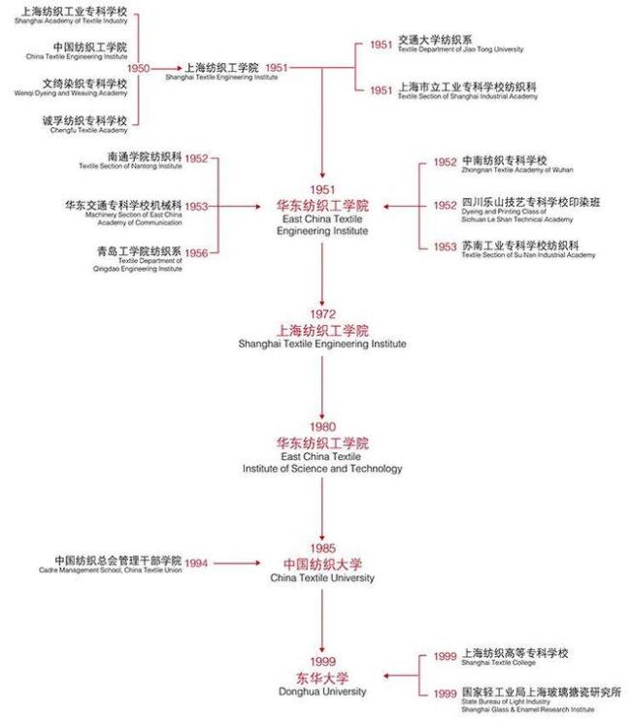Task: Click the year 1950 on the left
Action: pos(139,68)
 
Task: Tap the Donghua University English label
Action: pos(322,691)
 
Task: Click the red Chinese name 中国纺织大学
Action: pos(322,564)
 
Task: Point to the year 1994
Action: pos(197,563)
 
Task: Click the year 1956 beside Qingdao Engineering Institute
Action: pos(197,253)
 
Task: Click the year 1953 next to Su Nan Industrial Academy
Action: pos(446,246)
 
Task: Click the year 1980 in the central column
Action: pos(322,428)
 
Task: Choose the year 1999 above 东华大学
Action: pos(322,662)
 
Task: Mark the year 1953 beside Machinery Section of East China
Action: pos(197,206)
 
